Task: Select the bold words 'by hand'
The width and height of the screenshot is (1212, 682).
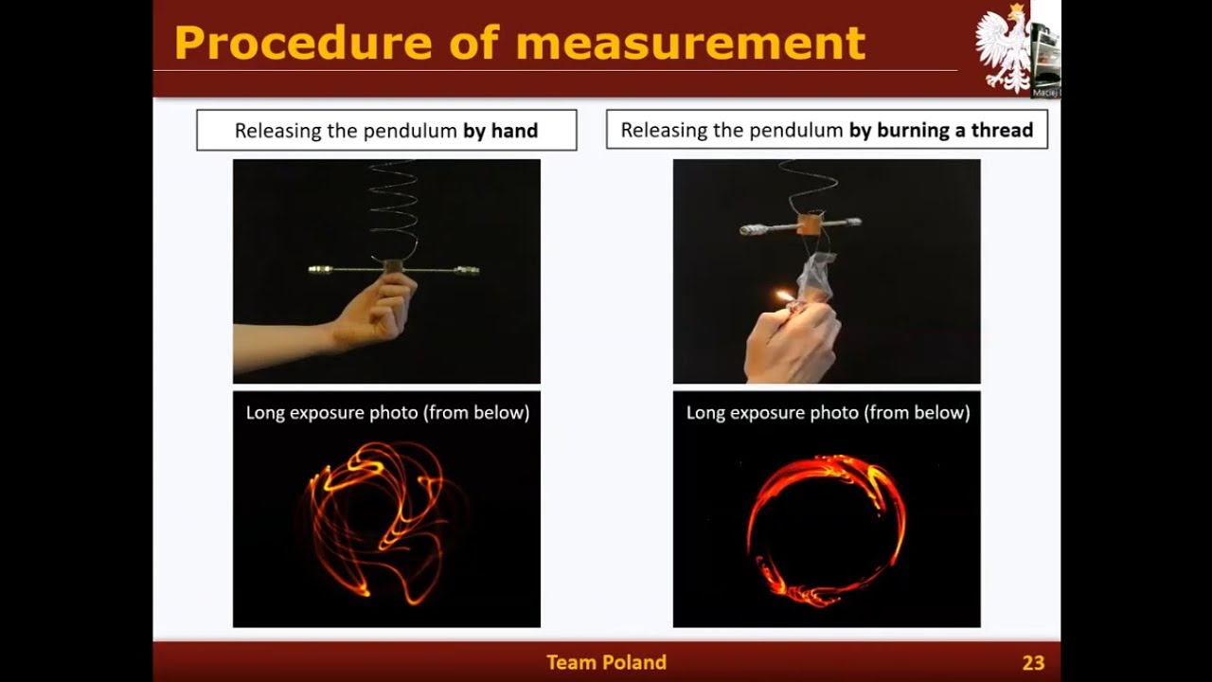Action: (x=500, y=131)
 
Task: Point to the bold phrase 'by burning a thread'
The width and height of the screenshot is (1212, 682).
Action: (x=940, y=131)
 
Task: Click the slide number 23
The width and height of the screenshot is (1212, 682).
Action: (x=1033, y=663)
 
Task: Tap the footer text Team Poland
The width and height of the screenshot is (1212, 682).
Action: (x=606, y=663)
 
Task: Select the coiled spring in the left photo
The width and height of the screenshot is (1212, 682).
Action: (x=392, y=208)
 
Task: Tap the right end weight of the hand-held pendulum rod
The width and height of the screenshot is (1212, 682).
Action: (x=467, y=271)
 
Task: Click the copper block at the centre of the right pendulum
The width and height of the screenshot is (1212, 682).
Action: (x=811, y=224)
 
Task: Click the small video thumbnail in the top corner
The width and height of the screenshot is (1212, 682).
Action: (x=1045, y=47)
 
